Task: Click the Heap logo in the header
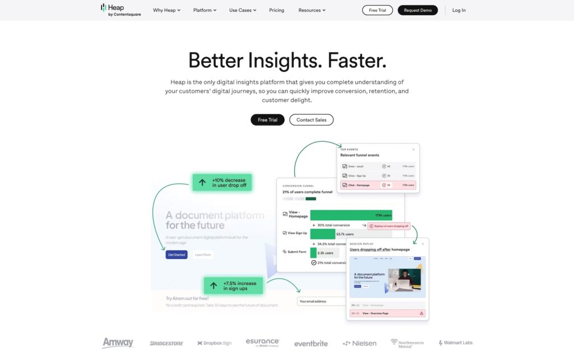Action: click(121, 10)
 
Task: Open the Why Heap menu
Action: click(166, 10)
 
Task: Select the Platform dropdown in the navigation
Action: click(205, 10)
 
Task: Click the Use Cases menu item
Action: click(243, 10)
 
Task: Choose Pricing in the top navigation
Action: click(276, 10)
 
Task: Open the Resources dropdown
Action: click(312, 10)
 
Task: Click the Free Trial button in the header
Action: click(377, 10)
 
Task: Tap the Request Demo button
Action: click(418, 10)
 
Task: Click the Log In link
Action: click(459, 10)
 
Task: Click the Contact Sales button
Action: click(311, 120)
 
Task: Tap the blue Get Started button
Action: click(177, 255)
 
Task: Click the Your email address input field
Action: click(321, 301)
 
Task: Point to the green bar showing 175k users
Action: click(351, 215)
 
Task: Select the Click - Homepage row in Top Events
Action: click(378, 184)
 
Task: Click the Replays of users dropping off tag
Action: click(389, 226)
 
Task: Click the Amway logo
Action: click(118, 343)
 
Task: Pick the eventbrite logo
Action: click(311, 343)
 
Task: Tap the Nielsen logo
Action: click(359, 343)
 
